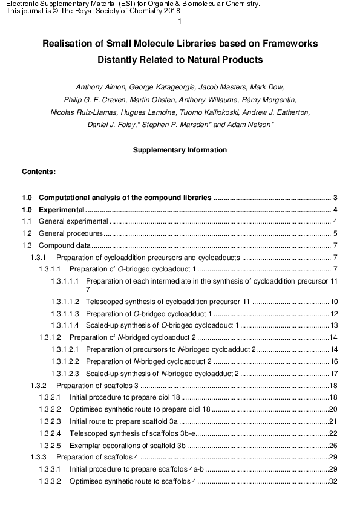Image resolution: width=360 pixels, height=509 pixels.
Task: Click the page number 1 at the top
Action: [x=180, y=22]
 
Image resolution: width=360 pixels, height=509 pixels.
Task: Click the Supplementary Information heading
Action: [x=180, y=150]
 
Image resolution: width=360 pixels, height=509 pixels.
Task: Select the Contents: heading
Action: [x=39, y=172]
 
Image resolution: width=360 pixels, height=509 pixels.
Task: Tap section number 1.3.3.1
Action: [x=50, y=469]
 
